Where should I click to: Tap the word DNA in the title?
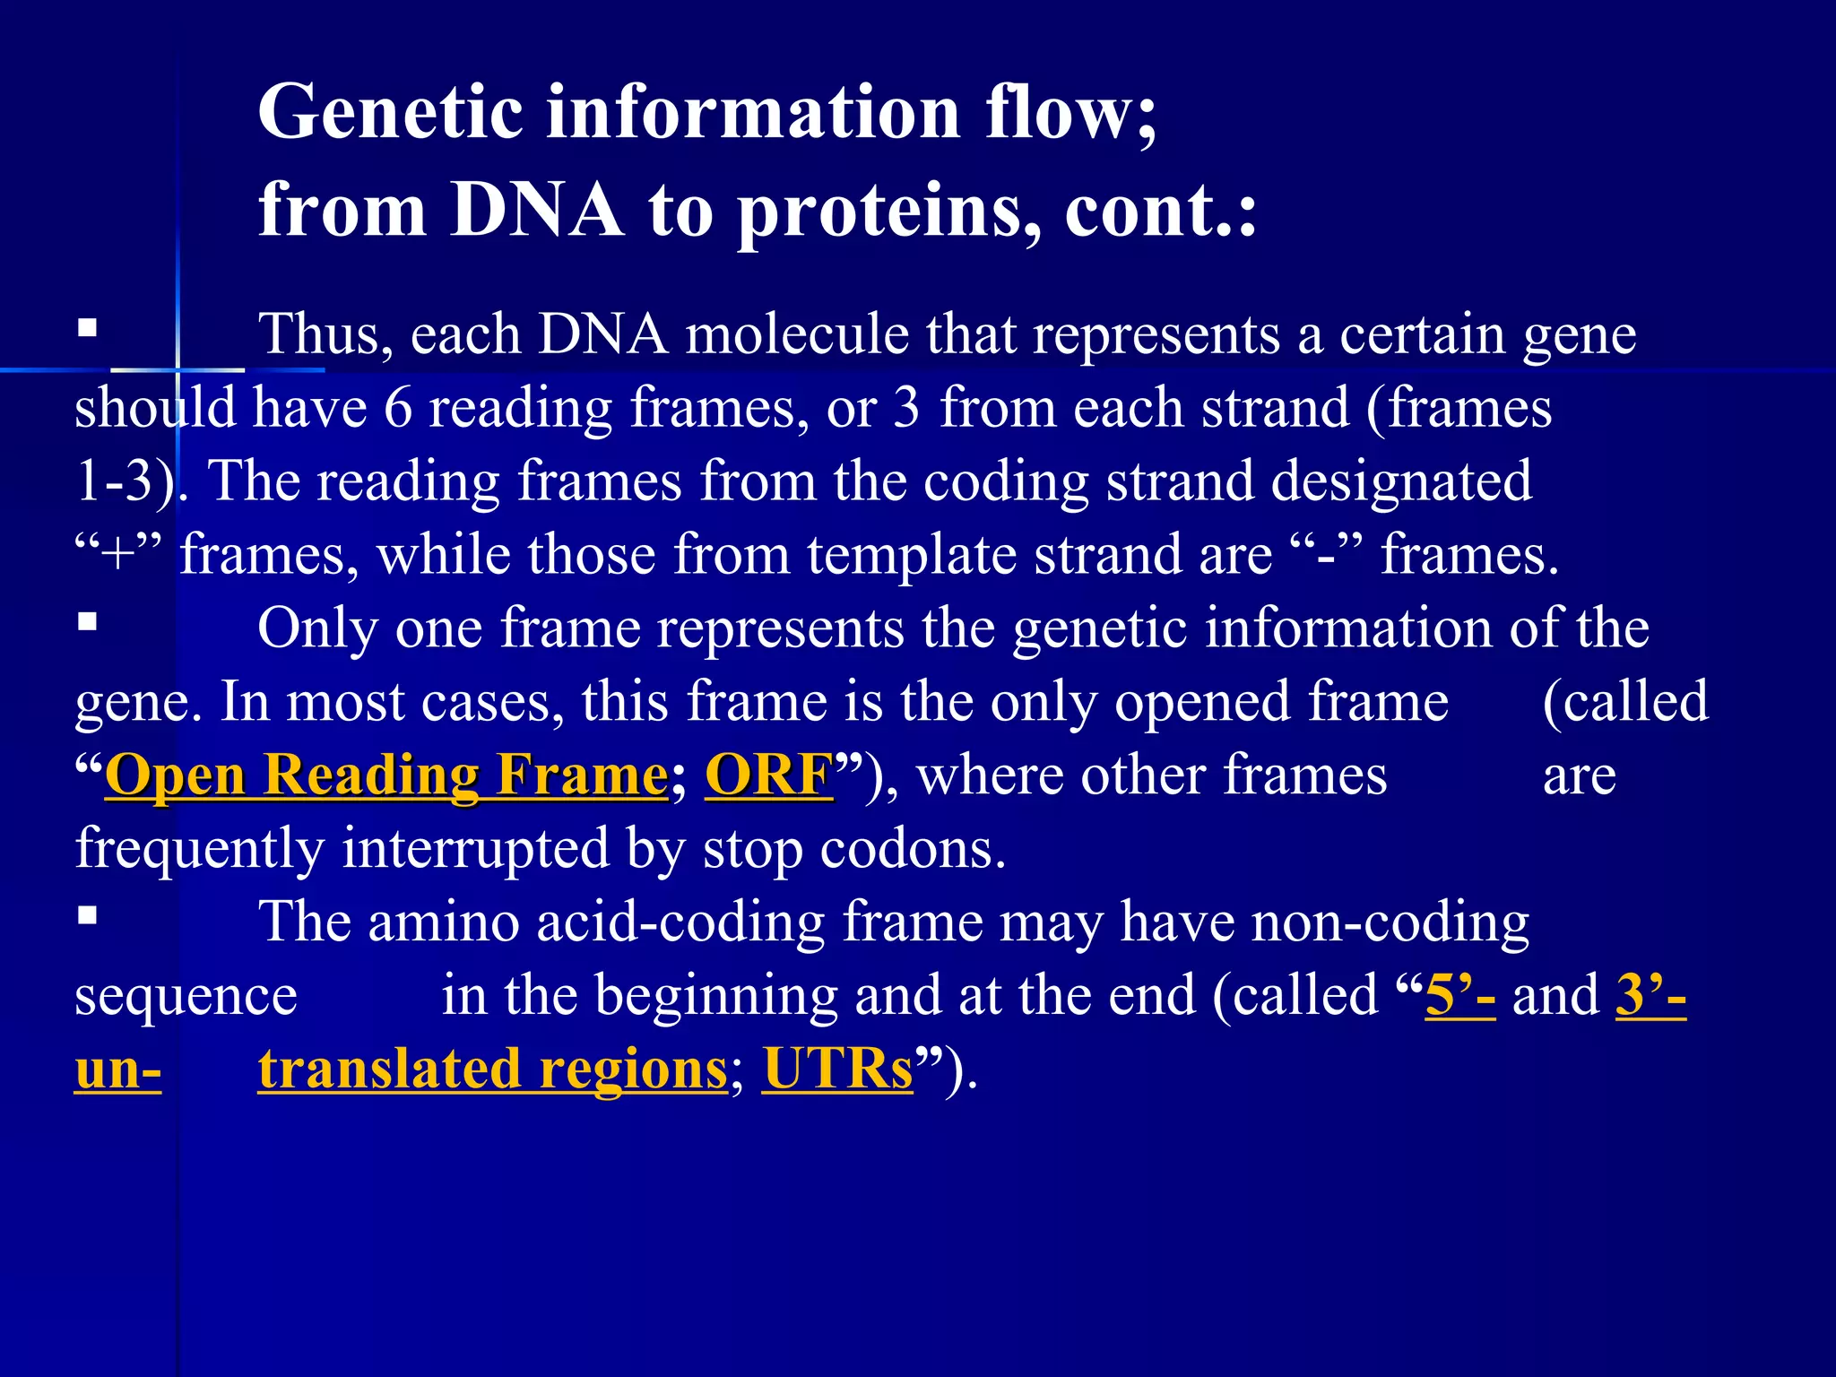pyautogui.click(x=536, y=210)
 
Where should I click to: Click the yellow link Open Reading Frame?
pyautogui.click(x=386, y=775)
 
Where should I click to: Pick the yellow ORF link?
pyautogui.click(x=769, y=775)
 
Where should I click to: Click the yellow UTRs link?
pyautogui.click(x=837, y=1069)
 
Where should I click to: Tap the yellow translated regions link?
pyautogui.click(x=492, y=1069)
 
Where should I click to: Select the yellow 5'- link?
pyautogui.click(x=1459, y=995)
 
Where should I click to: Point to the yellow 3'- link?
pyautogui.click(x=1650, y=995)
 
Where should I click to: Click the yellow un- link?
pyautogui.click(x=117, y=1069)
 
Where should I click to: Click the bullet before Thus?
pyautogui.click(x=87, y=327)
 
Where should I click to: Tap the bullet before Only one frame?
pyautogui.click(x=87, y=621)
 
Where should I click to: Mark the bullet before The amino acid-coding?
pyautogui.click(x=87, y=915)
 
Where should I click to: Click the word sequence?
pyautogui.click(x=186, y=997)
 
